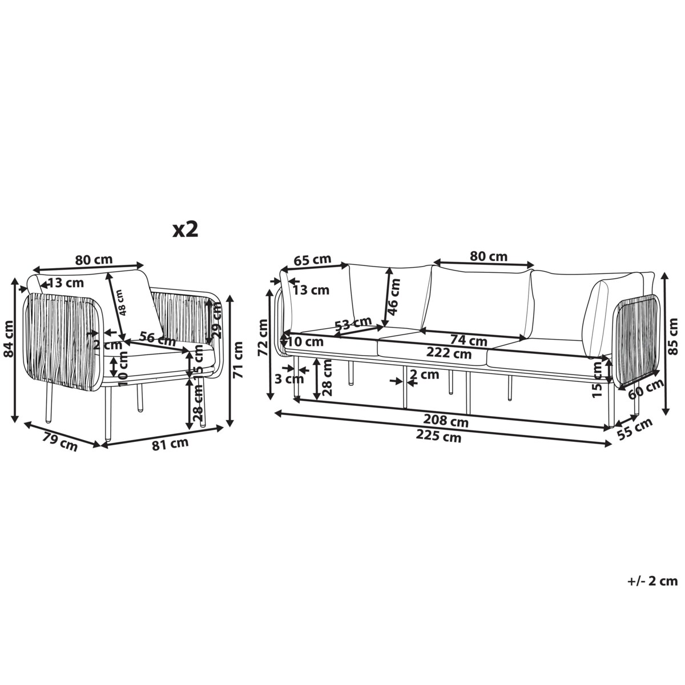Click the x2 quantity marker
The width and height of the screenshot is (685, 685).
[185, 230]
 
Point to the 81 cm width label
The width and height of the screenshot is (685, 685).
[170, 444]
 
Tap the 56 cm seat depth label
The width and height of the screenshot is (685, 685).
[158, 339]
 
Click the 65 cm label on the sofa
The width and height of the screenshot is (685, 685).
[312, 260]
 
